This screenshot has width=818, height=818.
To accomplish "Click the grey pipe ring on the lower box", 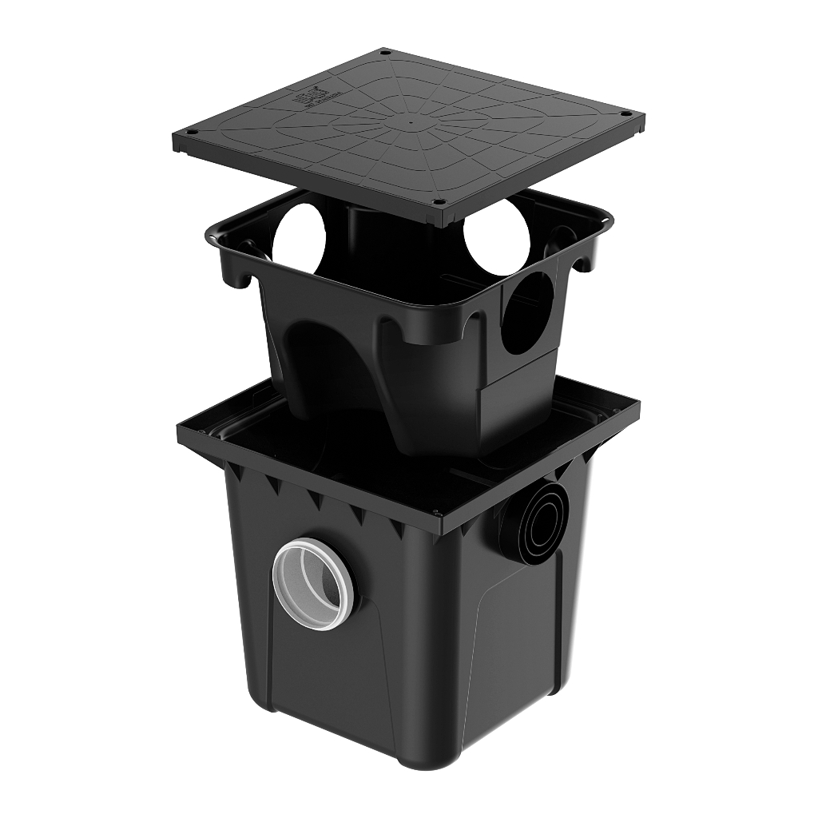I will tap(313, 583).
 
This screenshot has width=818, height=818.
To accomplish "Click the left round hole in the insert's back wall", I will tap(300, 236).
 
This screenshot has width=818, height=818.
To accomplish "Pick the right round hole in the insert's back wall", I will tap(497, 237).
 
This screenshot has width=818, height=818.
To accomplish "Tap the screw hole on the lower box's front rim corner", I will tap(435, 513).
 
